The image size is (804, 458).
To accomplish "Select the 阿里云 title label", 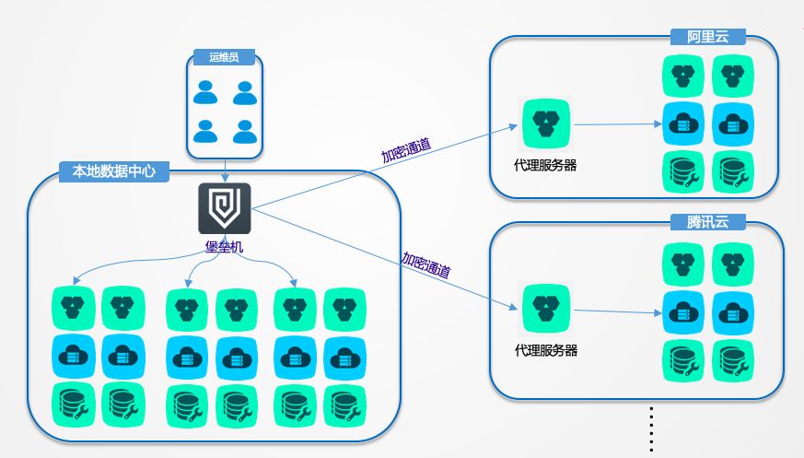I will coord(708,37).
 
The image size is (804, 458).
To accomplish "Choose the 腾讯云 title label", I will coord(708,223).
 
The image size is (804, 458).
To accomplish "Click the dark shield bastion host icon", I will coord(224,209).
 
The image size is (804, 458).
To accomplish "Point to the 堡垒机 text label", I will coord(224,247).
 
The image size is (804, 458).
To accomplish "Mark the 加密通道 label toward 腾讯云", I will coord(425,264).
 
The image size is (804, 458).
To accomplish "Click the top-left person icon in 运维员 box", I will coord(206,92).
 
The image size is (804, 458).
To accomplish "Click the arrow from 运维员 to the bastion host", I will coord(225,170).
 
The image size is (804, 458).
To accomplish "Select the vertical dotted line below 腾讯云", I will coord(650,429).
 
